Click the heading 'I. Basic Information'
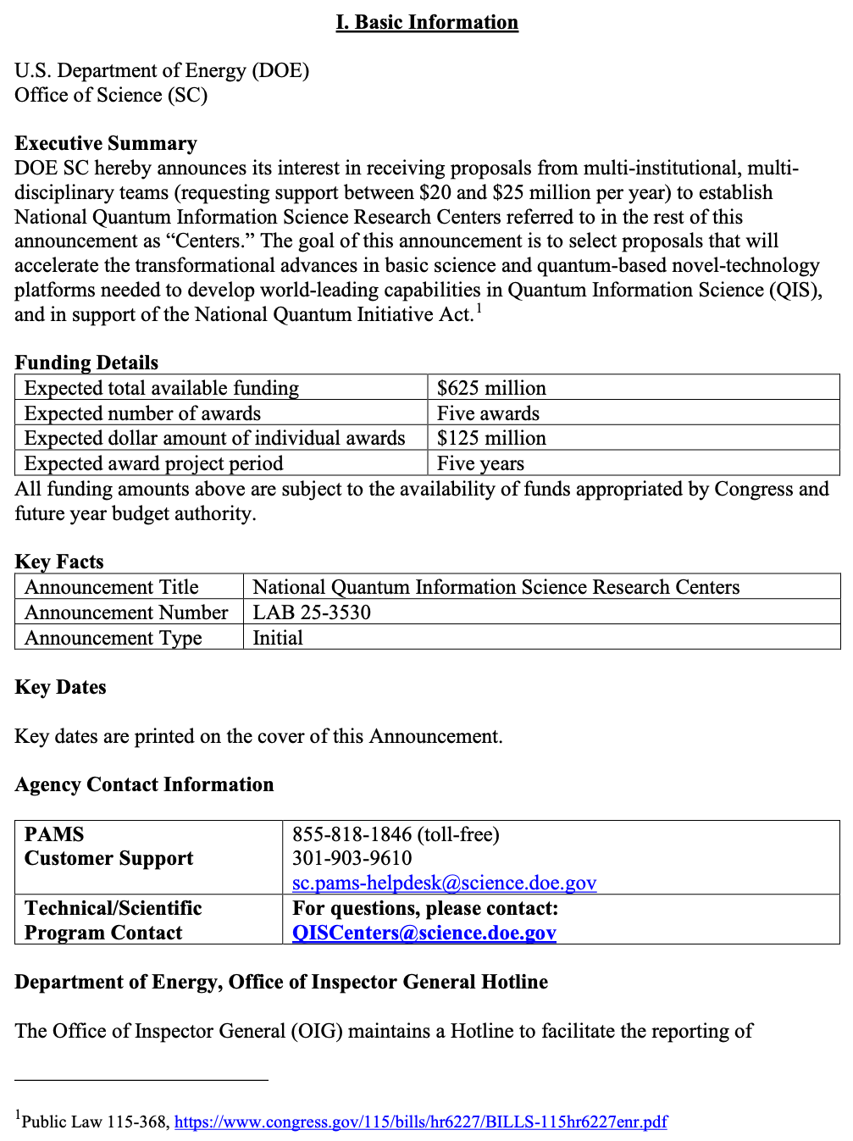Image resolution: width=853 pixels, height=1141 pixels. pyautogui.click(x=427, y=22)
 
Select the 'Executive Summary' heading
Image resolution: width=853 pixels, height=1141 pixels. pyautogui.click(x=106, y=143)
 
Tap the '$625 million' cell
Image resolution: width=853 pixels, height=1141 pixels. pyautogui.click(x=491, y=388)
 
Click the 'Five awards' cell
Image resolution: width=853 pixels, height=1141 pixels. pyautogui.click(x=488, y=413)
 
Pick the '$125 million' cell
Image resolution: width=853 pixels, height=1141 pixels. pyautogui.click(x=491, y=438)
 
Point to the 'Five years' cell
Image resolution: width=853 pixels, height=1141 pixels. pyautogui.click(x=480, y=463)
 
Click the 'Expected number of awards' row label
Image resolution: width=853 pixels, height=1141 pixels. pyautogui.click(x=142, y=413)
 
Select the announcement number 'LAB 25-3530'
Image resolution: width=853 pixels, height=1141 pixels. pyautogui.click(x=312, y=612)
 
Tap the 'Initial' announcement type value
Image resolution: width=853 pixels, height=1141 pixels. pyautogui.click(x=278, y=638)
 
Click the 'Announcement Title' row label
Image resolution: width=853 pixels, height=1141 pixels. pyautogui.click(x=112, y=587)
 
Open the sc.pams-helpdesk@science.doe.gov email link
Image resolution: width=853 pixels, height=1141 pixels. pyautogui.click(x=444, y=883)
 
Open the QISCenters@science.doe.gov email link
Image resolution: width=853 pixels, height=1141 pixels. pyautogui.click(x=424, y=933)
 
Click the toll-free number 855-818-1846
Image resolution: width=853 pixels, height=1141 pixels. pyautogui.click(x=352, y=834)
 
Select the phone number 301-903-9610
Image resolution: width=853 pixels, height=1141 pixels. pyautogui.click(x=352, y=858)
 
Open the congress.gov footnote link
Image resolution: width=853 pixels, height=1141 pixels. pyautogui.click(x=420, y=1122)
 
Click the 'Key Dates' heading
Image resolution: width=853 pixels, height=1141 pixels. pyautogui.click(x=60, y=687)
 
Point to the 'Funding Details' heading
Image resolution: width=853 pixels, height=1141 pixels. pyautogui.click(x=86, y=363)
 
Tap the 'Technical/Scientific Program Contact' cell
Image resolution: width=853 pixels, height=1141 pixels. pyautogui.click(x=113, y=920)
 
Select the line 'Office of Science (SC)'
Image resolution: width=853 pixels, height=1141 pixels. pyautogui.click(x=111, y=95)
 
